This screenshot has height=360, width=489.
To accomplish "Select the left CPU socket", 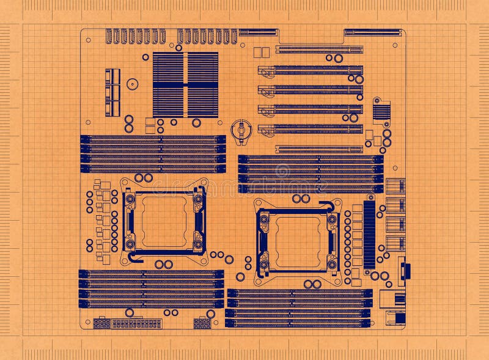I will point(163,221).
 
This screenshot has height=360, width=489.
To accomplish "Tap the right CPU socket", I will point(298,242).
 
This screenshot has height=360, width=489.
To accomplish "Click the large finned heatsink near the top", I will point(185,84).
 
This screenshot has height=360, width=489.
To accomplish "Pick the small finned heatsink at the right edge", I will point(382,111).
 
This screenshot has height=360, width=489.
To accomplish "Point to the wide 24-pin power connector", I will point(136,323).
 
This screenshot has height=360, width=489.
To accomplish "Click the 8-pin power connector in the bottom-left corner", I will point(101,323).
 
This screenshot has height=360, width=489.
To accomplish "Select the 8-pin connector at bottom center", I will point(202,323).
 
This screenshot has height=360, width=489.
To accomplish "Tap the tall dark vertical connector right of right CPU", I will point(369,235).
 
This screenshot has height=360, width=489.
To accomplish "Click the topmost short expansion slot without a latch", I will point(318,50).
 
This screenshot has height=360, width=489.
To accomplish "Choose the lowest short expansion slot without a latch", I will point(318,149).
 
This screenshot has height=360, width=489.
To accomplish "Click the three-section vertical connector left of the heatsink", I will point(112,92).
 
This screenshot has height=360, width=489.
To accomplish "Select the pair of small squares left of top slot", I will point(261,53).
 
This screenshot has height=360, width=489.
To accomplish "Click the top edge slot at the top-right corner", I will point(373,32).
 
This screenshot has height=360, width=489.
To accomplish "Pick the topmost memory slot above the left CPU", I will point(153,139).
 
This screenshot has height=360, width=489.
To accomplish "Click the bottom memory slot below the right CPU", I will point(298,323).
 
